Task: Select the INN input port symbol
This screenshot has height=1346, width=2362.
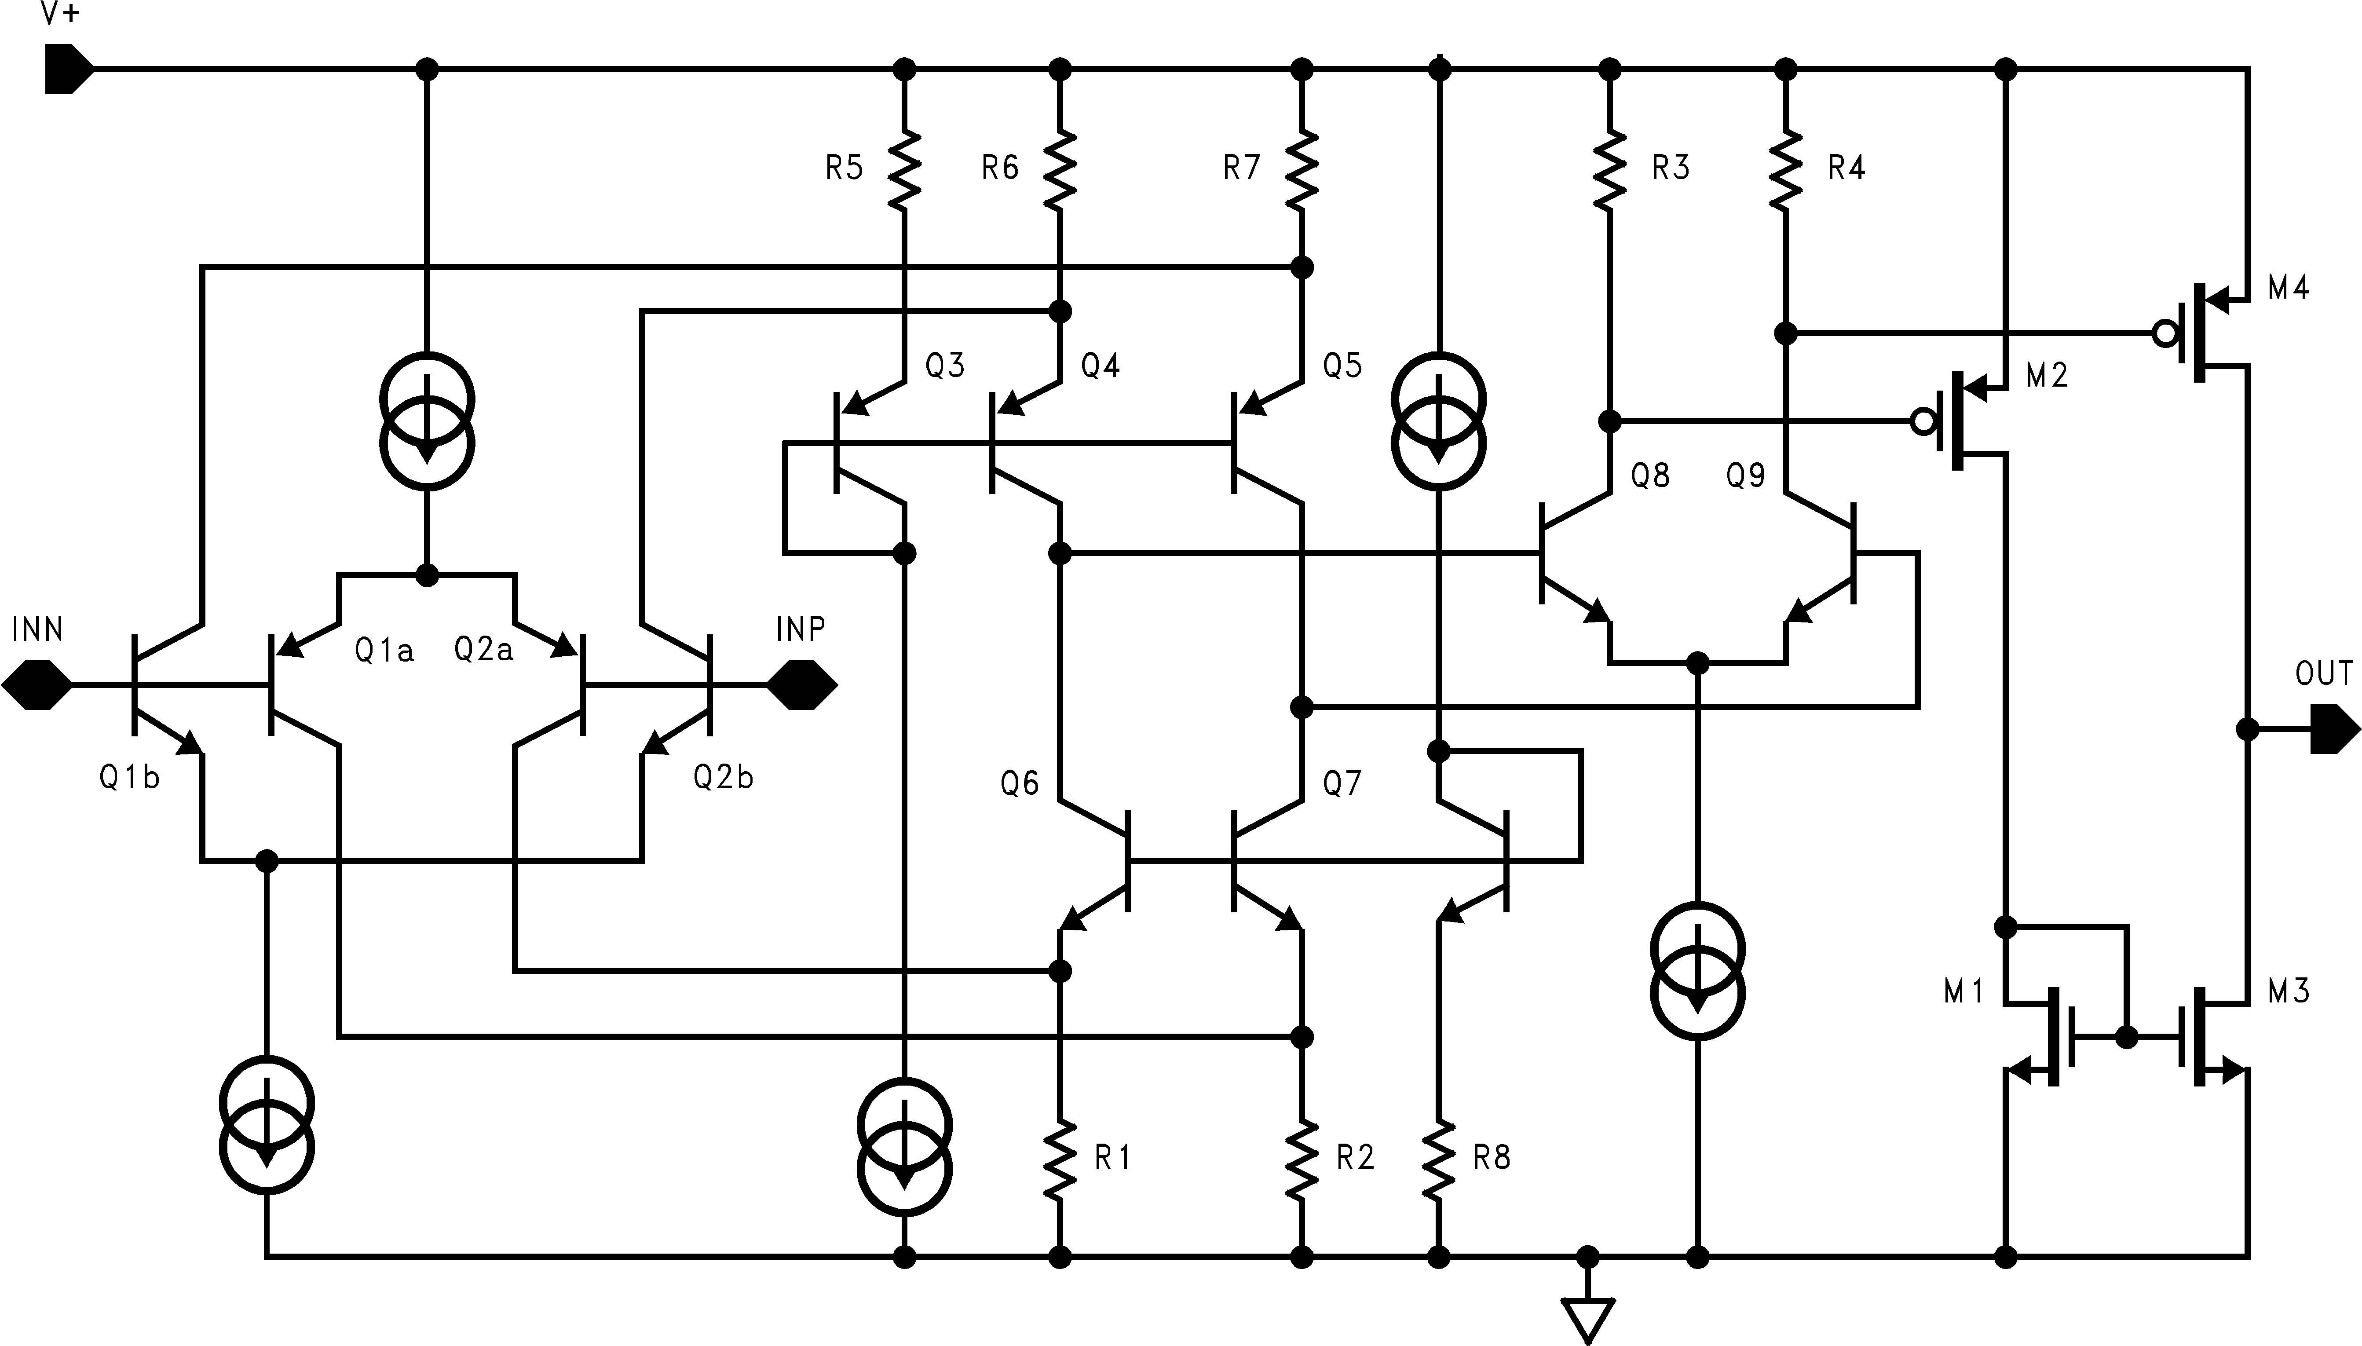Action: pyautogui.click(x=37, y=685)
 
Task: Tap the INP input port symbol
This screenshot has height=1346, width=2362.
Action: pyautogui.click(x=802, y=685)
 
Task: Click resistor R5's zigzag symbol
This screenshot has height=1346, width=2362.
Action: pyautogui.click(x=905, y=168)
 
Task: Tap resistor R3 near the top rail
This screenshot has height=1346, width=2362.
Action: pyautogui.click(x=1610, y=168)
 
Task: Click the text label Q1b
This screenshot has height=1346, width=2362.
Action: pyautogui.click(x=129, y=777)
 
